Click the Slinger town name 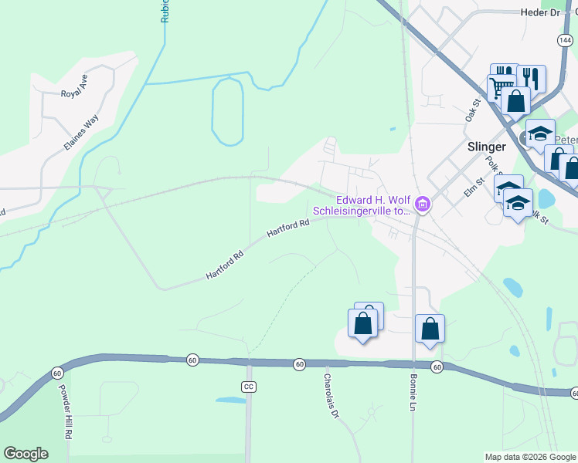tap(486, 147)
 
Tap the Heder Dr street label tap(539, 12)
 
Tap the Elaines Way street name tap(81, 133)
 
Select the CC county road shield tap(248, 386)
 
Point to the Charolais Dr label tap(331, 397)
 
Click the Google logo tap(25, 454)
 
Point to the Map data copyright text tap(530, 457)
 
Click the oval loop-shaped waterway tap(227, 112)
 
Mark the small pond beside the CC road tap(229, 400)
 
